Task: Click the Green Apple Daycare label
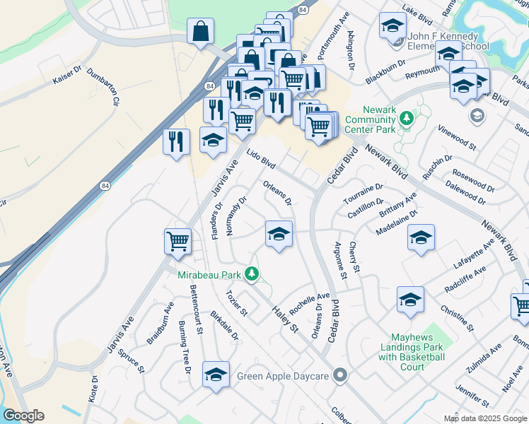pos(284,376)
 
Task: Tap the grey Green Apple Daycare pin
pos(341,375)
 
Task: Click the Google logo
pos(23,416)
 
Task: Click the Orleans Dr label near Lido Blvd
pos(278,192)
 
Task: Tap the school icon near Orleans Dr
pos(279,234)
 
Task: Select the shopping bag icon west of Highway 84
pos(201,31)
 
